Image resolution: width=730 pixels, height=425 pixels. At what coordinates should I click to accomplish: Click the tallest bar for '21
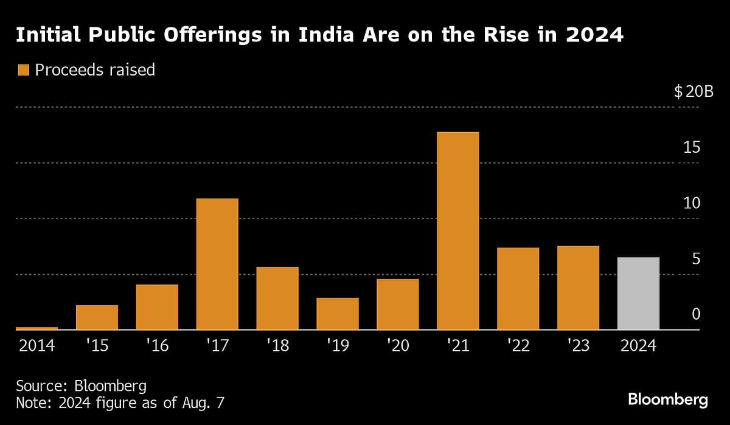(x=457, y=231)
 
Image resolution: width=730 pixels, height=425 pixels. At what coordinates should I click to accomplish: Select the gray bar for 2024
(x=638, y=293)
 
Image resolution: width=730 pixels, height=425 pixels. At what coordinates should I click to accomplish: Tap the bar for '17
(x=217, y=264)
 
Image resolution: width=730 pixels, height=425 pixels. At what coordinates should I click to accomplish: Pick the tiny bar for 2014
(x=36, y=328)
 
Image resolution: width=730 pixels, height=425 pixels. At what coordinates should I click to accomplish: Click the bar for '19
(x=338, y=314)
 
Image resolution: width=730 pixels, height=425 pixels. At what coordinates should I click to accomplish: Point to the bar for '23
(x=578, y=288)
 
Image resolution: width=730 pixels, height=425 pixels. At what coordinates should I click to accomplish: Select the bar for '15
(x=97, y=317)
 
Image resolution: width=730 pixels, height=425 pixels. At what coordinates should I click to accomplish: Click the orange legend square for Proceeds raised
(x=24, y=70)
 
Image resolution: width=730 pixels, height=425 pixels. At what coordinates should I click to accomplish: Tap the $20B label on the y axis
(x=693, y=93)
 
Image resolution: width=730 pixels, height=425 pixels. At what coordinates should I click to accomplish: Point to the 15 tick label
(x=692, y=147)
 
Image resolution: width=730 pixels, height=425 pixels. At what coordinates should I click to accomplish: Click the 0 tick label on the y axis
(x=696, y=314)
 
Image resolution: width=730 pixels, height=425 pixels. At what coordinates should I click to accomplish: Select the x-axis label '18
(x=277, y=346)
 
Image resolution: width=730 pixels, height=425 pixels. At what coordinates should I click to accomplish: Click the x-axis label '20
(x=398, y=346)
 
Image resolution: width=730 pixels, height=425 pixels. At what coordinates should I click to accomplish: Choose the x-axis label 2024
(x=638, y=346)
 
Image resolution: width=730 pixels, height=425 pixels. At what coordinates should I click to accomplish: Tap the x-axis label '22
(x=518, y=346)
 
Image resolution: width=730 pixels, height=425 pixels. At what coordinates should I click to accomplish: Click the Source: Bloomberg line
(x=82, y=386)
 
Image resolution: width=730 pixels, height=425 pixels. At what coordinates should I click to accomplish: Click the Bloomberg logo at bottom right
(x=667, y=400)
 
